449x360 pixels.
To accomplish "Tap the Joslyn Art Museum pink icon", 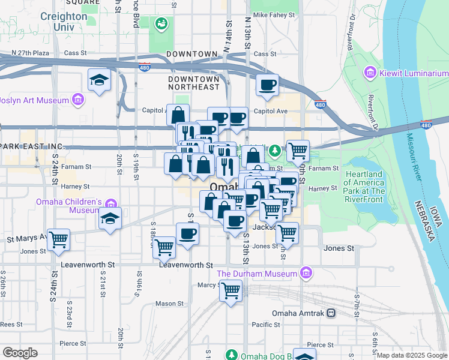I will point(77,100).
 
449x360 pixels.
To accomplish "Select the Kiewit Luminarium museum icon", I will point(370,73).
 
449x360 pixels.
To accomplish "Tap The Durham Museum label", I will point(258,274).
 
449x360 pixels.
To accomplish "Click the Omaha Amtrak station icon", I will point(330,313).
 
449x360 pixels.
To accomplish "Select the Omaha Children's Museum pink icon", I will point(110,203).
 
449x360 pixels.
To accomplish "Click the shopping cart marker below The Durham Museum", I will point(231,291).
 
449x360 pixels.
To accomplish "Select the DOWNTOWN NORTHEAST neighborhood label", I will point(194,83).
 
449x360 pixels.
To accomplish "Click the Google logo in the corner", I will point(20,352).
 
